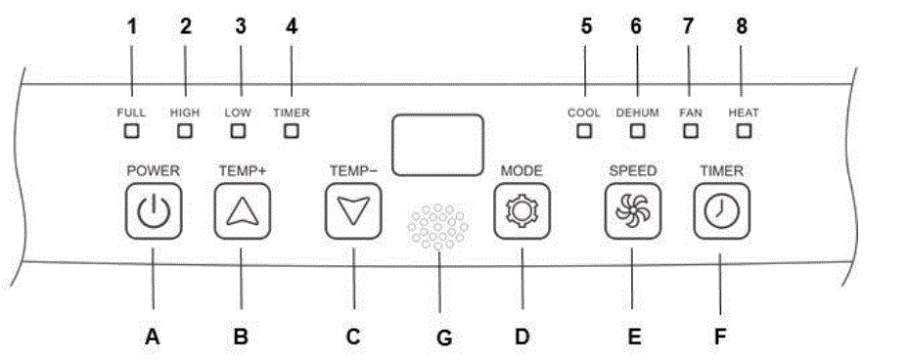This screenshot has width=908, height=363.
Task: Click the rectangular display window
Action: pos(436,144)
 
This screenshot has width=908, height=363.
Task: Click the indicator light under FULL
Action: pos(131,130)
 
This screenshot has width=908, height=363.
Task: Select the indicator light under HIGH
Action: pos(185,130)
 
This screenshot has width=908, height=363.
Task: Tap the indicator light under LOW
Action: pos(238,130)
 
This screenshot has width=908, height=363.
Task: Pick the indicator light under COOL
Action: pos(584,130)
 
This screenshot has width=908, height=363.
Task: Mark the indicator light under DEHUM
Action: pos(637,130)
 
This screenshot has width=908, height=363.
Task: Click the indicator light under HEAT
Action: pos(743,130)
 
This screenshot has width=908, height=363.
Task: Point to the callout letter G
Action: pos(442,339)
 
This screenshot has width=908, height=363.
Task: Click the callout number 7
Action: pos(690,27)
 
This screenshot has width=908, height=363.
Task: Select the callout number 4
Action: pos(291,27)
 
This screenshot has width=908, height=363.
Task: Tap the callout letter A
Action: pos(152,338)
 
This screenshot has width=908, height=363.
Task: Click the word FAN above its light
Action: pos(691,113)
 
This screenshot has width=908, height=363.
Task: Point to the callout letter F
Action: pos(720,338)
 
